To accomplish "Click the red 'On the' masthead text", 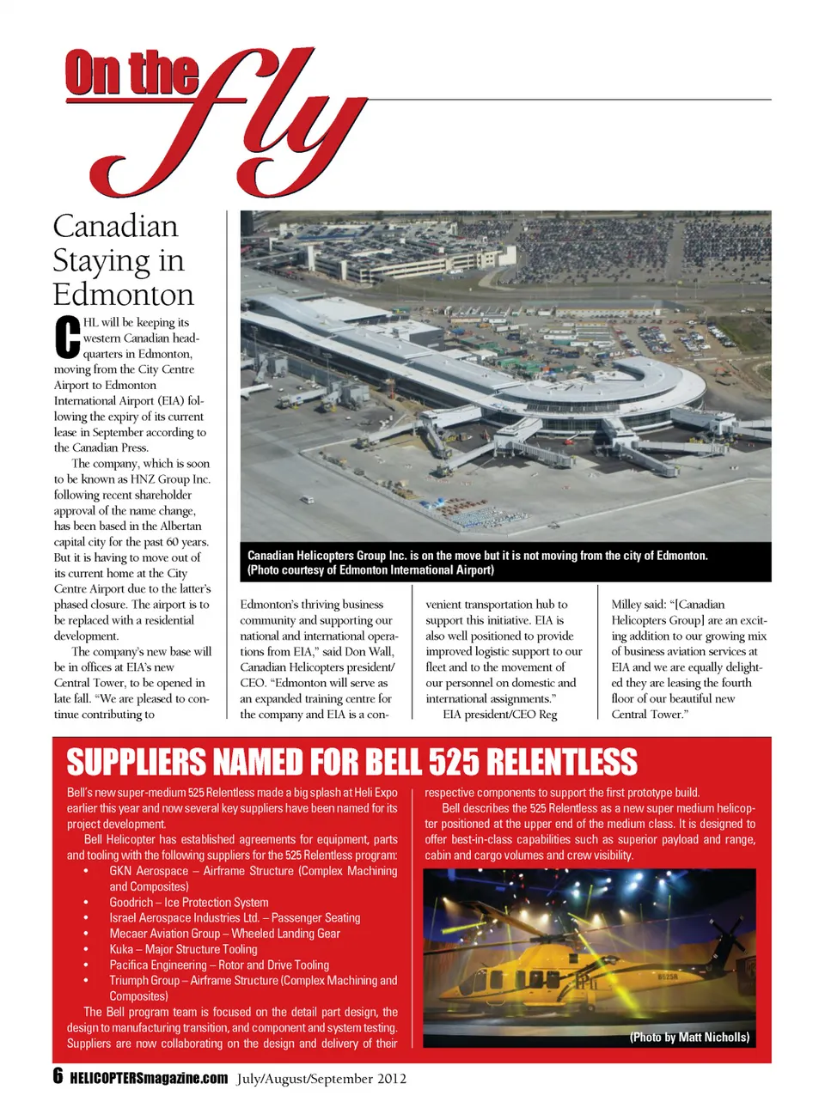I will coord(131,74).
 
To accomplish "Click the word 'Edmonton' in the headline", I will coord(123,295).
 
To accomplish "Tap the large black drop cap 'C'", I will coord(67,338).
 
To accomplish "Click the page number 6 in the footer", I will coord(58,1077).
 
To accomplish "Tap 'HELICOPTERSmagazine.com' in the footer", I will coord(149,1079).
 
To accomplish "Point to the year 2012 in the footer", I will coord(390,1079).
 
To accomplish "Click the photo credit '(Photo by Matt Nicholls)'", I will coord(689,1038).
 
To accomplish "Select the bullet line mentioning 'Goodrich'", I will coord(188,903).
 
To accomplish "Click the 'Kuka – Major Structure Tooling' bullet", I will coord(183,949).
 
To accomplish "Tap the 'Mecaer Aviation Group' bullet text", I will coord(224,934).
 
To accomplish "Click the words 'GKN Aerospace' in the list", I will coord(148,871).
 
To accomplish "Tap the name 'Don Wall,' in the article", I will coord(369,652).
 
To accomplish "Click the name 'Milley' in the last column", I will coord(626,605).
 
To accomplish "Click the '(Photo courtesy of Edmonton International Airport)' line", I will coord(370,570).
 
